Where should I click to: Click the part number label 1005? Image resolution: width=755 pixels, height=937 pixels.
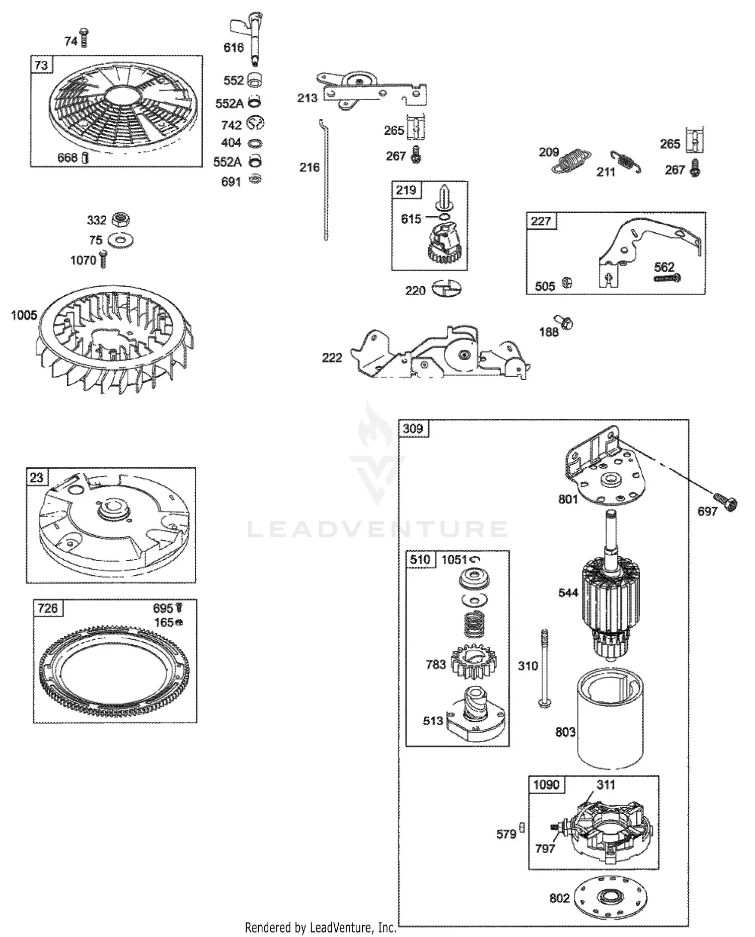pos(24,315)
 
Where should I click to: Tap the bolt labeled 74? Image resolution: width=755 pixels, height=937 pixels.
pos(84,38)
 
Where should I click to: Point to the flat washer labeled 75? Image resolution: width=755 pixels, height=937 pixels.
pos(121,240)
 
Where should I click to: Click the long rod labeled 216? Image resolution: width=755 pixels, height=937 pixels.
pos(324,180)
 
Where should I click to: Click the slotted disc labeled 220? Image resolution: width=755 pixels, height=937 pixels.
pos(446,289)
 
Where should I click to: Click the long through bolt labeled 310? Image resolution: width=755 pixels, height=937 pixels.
pos(543,668)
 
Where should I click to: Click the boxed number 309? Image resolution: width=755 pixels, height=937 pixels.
pos(413,428)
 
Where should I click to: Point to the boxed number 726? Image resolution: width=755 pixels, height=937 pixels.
pos(48,608)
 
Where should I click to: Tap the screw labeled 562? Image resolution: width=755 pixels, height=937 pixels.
pos(667,277)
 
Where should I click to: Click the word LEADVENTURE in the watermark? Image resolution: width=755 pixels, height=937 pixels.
pos(377,529)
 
